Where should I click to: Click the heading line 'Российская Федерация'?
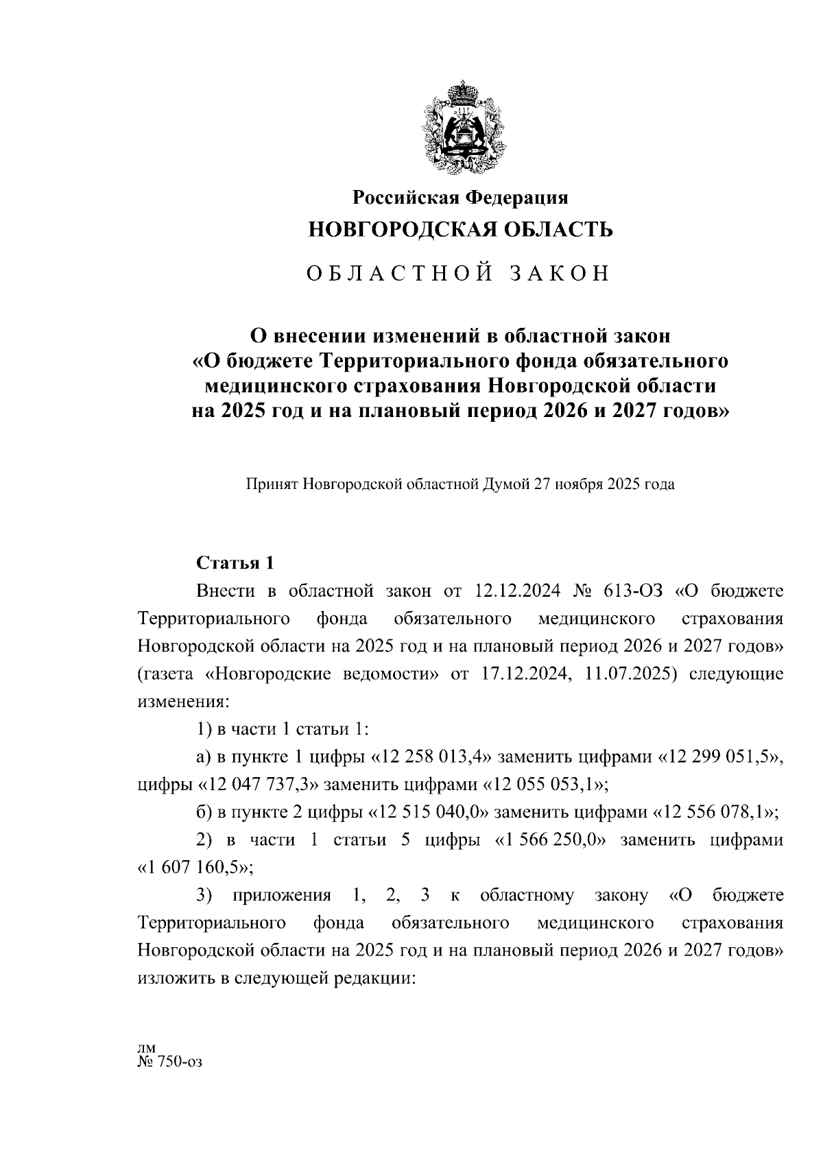click(x=460, y=198)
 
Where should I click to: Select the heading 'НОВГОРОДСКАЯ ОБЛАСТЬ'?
click(x=460, y=230)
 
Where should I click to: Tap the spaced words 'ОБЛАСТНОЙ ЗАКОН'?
click(x=458, y=274)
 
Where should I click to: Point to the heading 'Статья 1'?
click(x=235, y=563)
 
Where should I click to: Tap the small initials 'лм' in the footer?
click(x=147, y=1047)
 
